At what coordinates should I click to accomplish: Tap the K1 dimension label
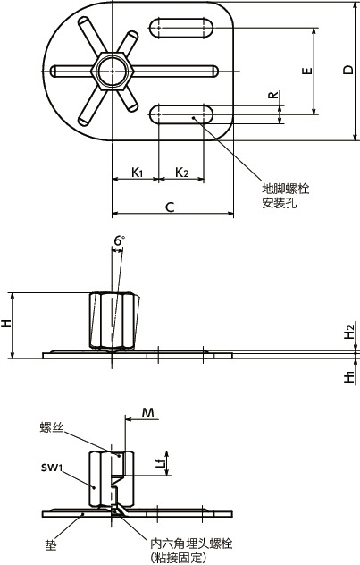(138, 171)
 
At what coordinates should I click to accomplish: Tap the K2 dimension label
(180, 171)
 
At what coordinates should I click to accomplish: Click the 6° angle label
(119, 240)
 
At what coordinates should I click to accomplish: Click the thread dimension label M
(148, 412)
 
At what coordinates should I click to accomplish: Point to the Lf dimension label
(159, 462)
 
